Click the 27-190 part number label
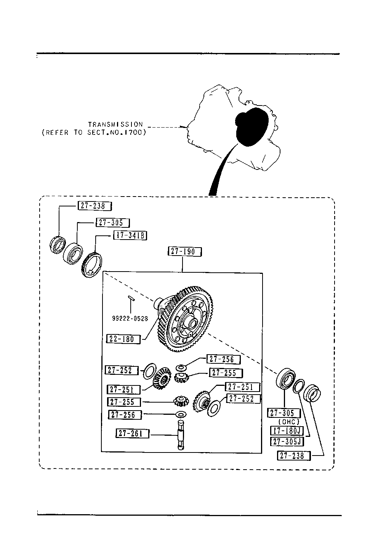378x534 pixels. pyautogui.click(x=185, y=252)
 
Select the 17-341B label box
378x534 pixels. pyautogui.click(x=130, y=235)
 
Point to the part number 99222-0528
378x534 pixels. pyautogui.click(x=130, y=318)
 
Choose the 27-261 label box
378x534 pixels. pyautogui.click(x=132, y=433)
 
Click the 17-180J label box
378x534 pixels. pyautogui.click(x=287, y=430)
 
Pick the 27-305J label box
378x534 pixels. pyautogui.click(x=287, y=441)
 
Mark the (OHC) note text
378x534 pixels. pyautogui.click(x=288, y=422)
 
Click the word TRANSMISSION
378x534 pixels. pyautogui.click(x=115, y=125)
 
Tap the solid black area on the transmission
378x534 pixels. pyautogui.click(x=251, y=127)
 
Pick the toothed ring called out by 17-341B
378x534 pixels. pyautogui.click(x=91, y=265)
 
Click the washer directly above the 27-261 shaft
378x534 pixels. pyautogui.click(x=181, y=415)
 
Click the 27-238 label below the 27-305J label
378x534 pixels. pyautogui.click(x=294, y=456)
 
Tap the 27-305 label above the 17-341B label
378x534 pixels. pyautogui.click(x=112, y=223)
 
